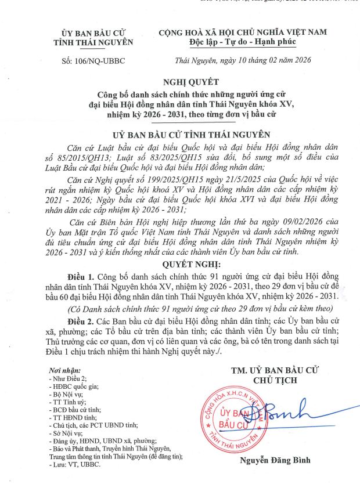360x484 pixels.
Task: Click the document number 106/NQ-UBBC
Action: coord(93,60)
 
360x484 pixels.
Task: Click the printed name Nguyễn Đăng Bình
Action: coord(276,461)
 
